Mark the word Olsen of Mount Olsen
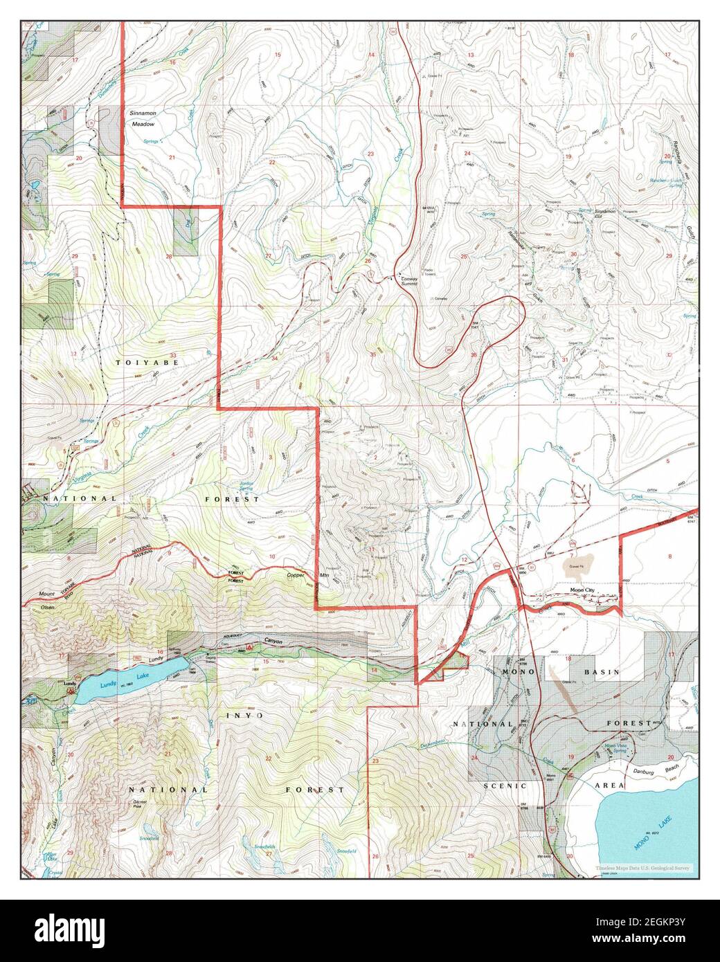coord(48,606)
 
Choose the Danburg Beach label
coord(645,770)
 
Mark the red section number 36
coord(474,355)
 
